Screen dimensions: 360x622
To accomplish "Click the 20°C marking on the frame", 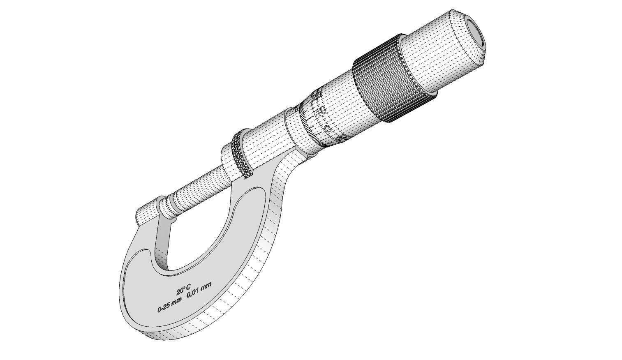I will (184, 289).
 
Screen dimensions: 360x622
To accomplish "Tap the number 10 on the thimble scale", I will (321, 111).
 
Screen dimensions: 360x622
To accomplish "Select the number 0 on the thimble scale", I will (328, 128).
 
